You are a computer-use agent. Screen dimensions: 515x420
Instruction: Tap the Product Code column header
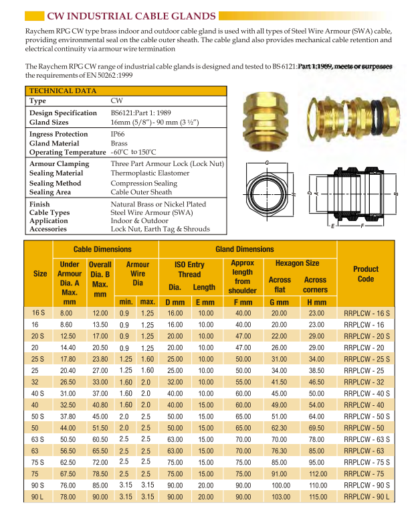365,274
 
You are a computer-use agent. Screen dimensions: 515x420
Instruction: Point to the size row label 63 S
39,439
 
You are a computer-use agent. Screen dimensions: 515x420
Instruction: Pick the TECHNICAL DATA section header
58,90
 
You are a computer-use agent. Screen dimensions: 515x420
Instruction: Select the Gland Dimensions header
244,249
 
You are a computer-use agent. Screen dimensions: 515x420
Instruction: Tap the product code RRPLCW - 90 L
365,496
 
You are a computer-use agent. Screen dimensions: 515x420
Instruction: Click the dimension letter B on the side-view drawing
397,194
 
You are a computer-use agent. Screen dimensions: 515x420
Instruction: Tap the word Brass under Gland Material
118,143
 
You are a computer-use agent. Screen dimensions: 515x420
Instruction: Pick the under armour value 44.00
66,427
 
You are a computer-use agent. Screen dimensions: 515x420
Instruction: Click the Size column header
39,274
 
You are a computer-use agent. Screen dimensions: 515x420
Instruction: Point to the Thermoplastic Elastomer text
150,173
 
